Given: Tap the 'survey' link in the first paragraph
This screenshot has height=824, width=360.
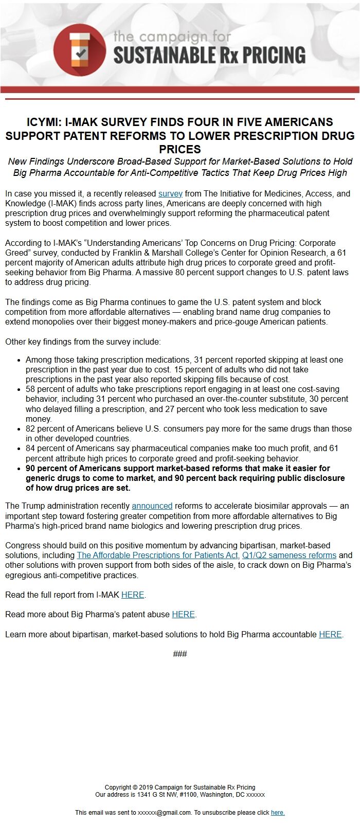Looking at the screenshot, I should (170, 194).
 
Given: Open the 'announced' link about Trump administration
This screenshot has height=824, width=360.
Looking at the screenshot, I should (152, 506).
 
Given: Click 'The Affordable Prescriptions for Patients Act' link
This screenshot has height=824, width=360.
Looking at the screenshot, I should (157, 556).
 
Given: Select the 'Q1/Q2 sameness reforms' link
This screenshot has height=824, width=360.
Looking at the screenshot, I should (289, 556).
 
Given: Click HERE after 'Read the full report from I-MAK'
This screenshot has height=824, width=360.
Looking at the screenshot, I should (133, 595).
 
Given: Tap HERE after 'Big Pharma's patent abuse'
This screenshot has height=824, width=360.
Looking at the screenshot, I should (183, 614).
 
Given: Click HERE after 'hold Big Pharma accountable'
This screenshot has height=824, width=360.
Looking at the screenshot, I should (330, 634).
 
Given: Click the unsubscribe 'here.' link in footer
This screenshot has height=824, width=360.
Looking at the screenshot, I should (278, 813).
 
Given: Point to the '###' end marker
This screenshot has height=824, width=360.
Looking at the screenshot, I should (180, 654).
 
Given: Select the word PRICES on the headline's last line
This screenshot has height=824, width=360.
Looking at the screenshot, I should (179, 149).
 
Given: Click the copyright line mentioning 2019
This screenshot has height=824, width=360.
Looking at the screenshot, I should (180, 787).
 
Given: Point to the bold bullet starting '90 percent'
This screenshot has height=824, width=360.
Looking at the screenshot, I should (185, 478).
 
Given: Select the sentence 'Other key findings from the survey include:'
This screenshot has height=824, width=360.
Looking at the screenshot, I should (83, 342).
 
